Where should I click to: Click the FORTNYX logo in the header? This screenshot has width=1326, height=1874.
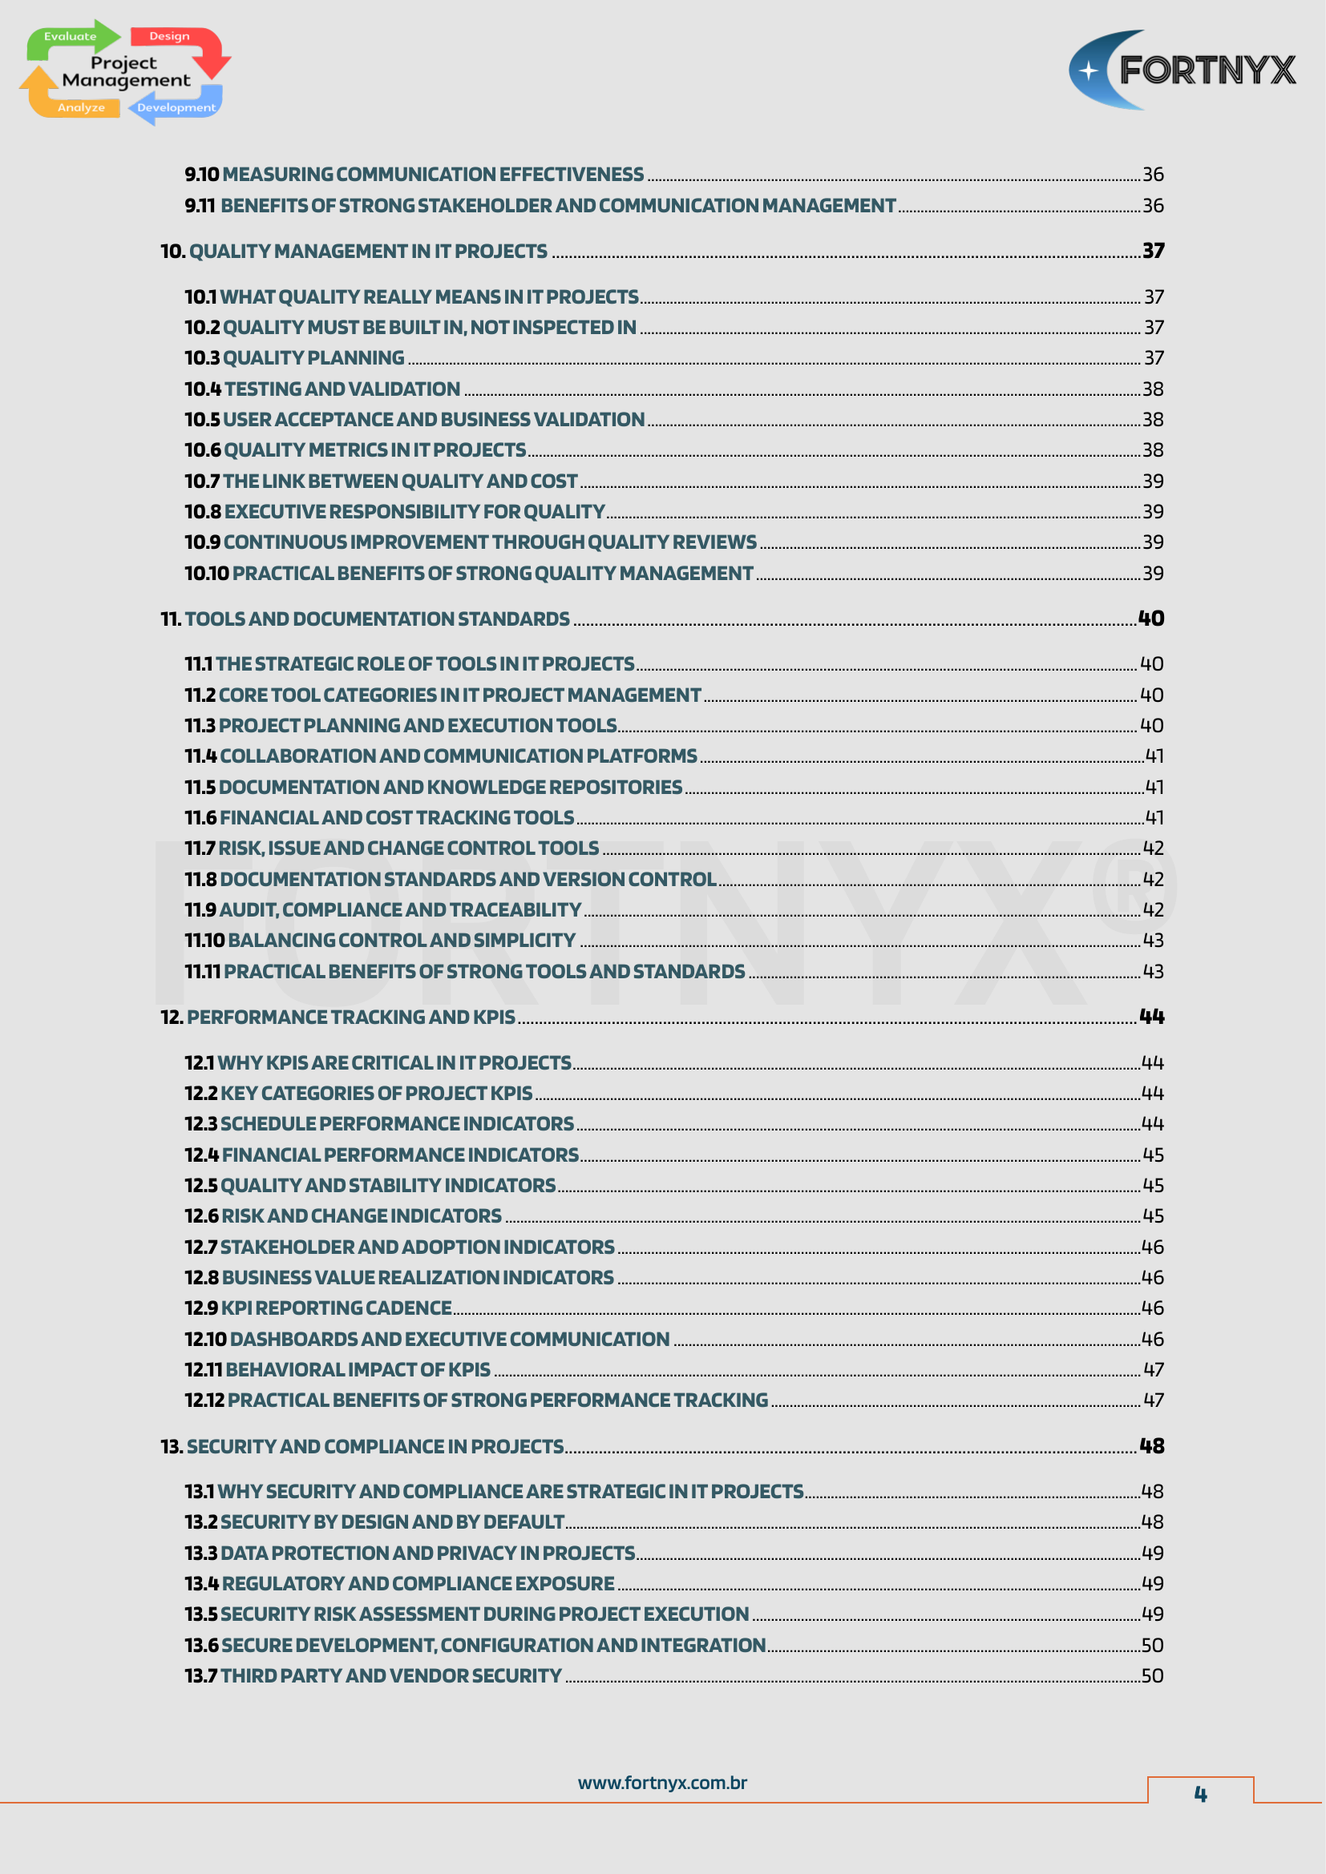[x=1182, y=71]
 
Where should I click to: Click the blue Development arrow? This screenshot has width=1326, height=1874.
[x=176, y=107]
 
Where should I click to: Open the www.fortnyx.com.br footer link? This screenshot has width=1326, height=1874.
[x=662, y=1783]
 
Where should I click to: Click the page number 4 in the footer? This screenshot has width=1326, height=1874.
[x=1199, y=1793]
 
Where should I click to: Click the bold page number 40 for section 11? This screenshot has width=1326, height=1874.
[x=1150, y=619]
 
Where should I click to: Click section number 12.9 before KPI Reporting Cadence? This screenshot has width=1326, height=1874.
[x=201, y=1308]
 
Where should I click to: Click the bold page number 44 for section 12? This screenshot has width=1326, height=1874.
[x=1151, y=1017]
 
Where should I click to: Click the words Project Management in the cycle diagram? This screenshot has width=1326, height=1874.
[x=126, y=72]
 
